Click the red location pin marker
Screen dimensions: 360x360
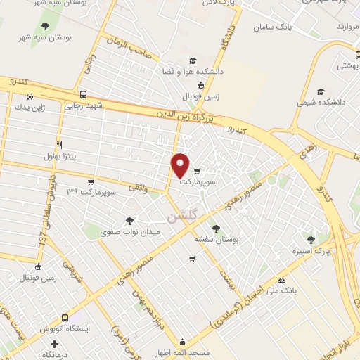(181, 165)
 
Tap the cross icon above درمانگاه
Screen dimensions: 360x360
(54, 345)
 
